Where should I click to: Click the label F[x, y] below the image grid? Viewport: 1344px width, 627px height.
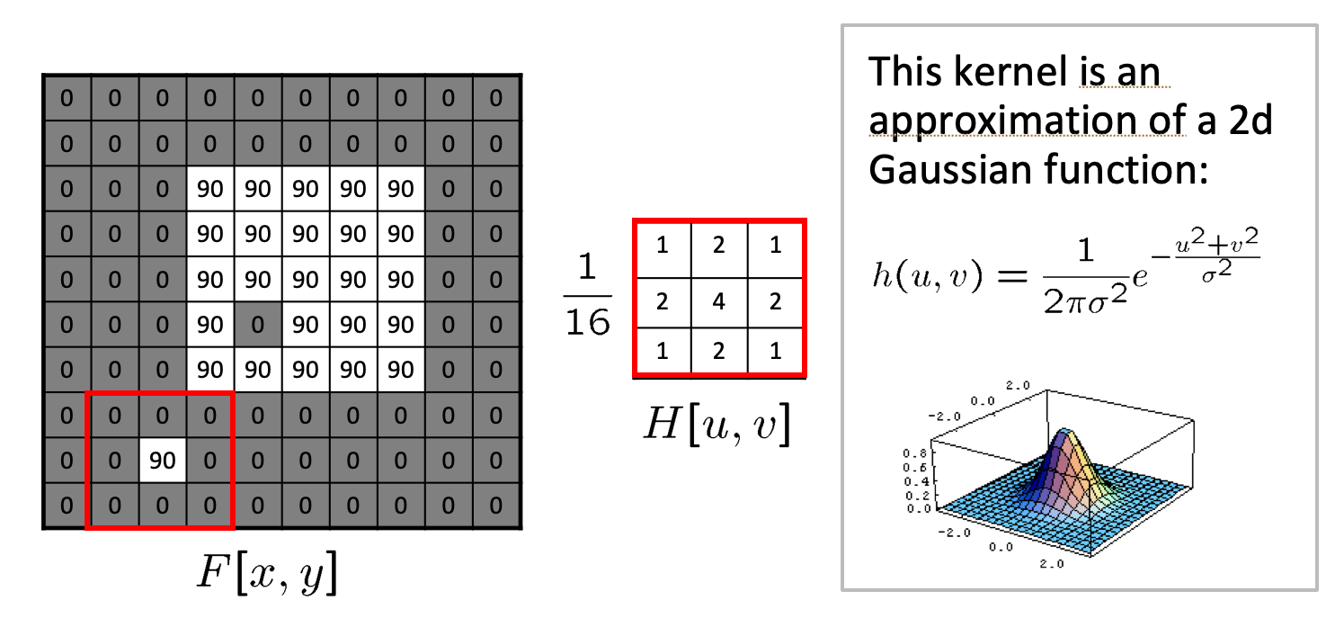(268, 576)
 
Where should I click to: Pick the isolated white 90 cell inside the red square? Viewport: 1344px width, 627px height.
(162, 461)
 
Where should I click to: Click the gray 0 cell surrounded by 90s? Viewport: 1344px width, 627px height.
(258, 323)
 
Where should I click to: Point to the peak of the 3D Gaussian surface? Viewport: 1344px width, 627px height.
(1065, 432)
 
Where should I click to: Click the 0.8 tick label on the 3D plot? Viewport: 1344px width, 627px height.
(912, 453)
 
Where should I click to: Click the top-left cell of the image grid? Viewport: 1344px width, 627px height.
(67, 97)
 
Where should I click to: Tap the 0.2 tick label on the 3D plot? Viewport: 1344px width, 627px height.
(912, 494)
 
